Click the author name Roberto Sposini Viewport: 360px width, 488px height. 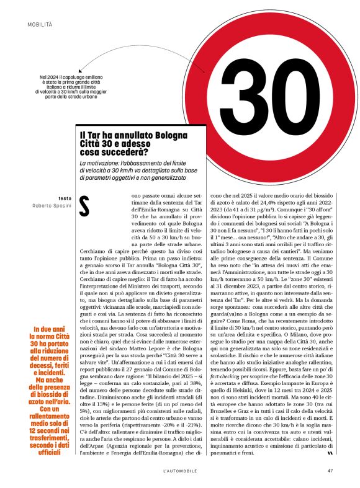[x=53, y=205]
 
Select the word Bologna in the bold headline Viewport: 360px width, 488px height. [x=156, y=133]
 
